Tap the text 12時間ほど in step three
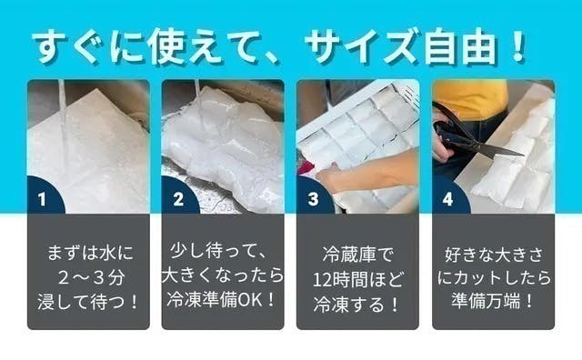click(x=356, y=273)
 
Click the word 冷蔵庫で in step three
click(x=356, y=249)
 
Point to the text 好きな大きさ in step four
click(x=491, y=249)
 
